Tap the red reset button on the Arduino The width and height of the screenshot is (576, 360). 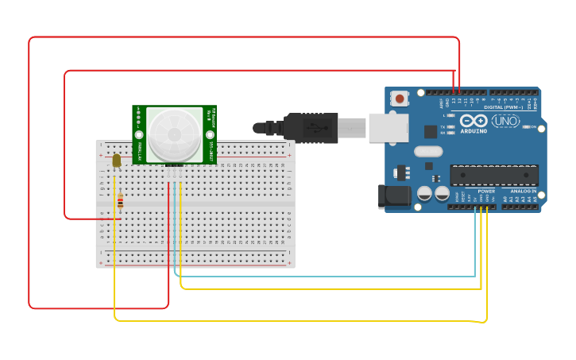[400, 99]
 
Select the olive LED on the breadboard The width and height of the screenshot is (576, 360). [117, 161]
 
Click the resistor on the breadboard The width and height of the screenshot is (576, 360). [120, 201]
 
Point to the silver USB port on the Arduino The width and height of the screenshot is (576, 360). [389, 127]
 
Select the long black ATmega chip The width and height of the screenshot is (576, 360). [494, 175]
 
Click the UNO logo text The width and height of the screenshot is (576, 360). [506, 121]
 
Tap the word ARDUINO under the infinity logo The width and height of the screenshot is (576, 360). [474, 131]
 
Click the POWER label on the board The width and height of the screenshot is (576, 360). [486, 192]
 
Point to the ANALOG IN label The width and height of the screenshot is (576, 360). [522, 192]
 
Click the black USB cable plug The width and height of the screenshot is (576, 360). [310, 127]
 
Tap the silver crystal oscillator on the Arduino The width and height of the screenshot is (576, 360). [428, 151]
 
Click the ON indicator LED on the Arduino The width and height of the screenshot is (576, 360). [525, 126]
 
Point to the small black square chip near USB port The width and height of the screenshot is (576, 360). [431, 131]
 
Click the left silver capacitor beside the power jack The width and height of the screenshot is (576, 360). [425, 193]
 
